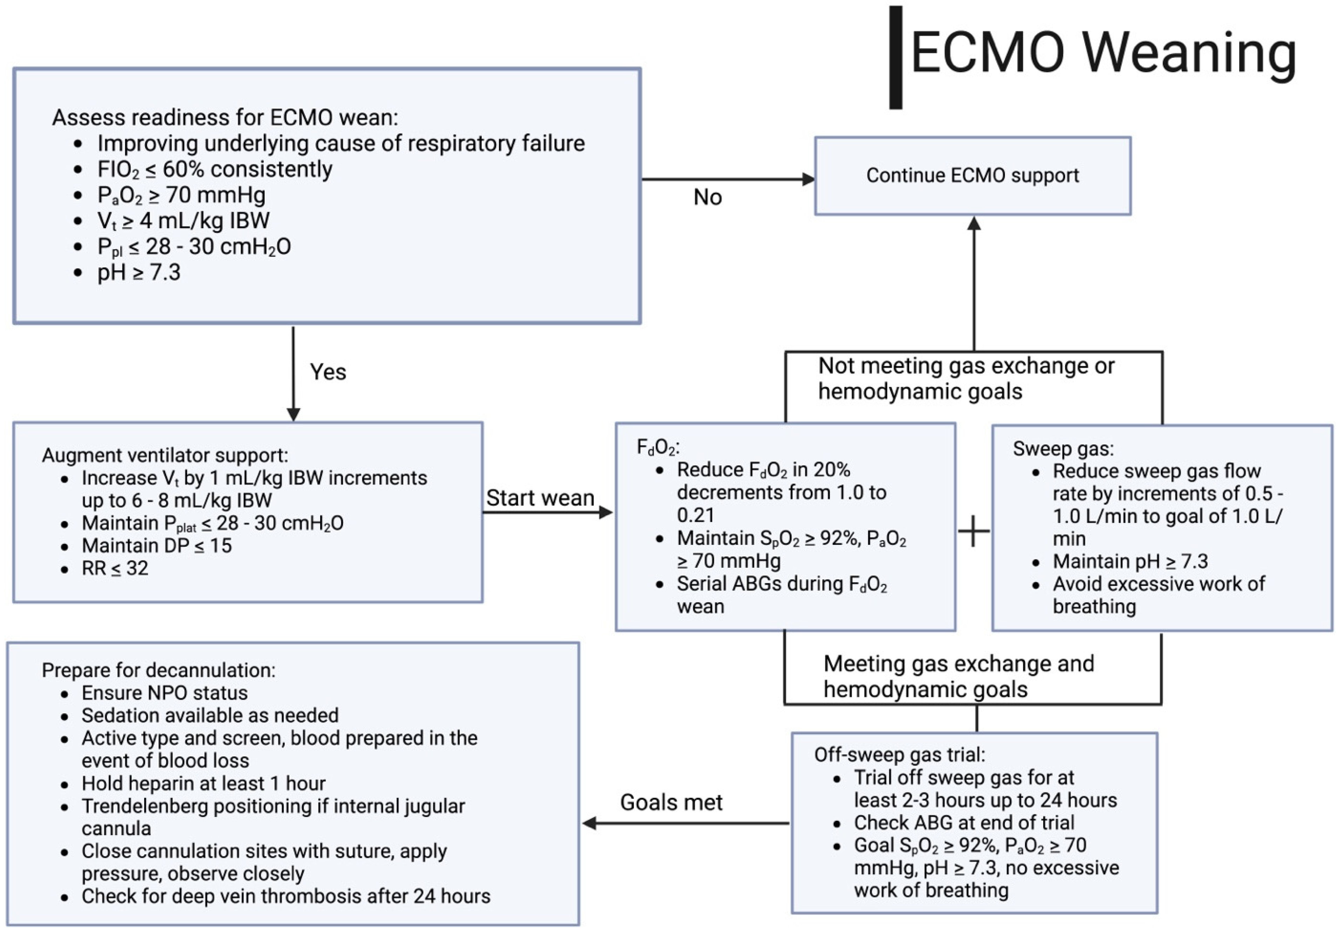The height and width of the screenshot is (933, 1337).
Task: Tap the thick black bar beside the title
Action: [x=896, y=57]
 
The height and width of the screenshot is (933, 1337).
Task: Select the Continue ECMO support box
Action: [x=972, y=176]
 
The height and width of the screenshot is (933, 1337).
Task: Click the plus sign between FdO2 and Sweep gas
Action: [x=974, y=531]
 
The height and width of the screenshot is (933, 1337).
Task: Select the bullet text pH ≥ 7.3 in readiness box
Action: [x=139, y=272]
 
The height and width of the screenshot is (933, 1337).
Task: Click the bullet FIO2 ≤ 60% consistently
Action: [x=214, y=169]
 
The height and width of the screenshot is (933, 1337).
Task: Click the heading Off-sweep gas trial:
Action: [x=899, y=755]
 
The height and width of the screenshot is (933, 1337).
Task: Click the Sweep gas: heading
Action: [x=1063, y=449]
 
